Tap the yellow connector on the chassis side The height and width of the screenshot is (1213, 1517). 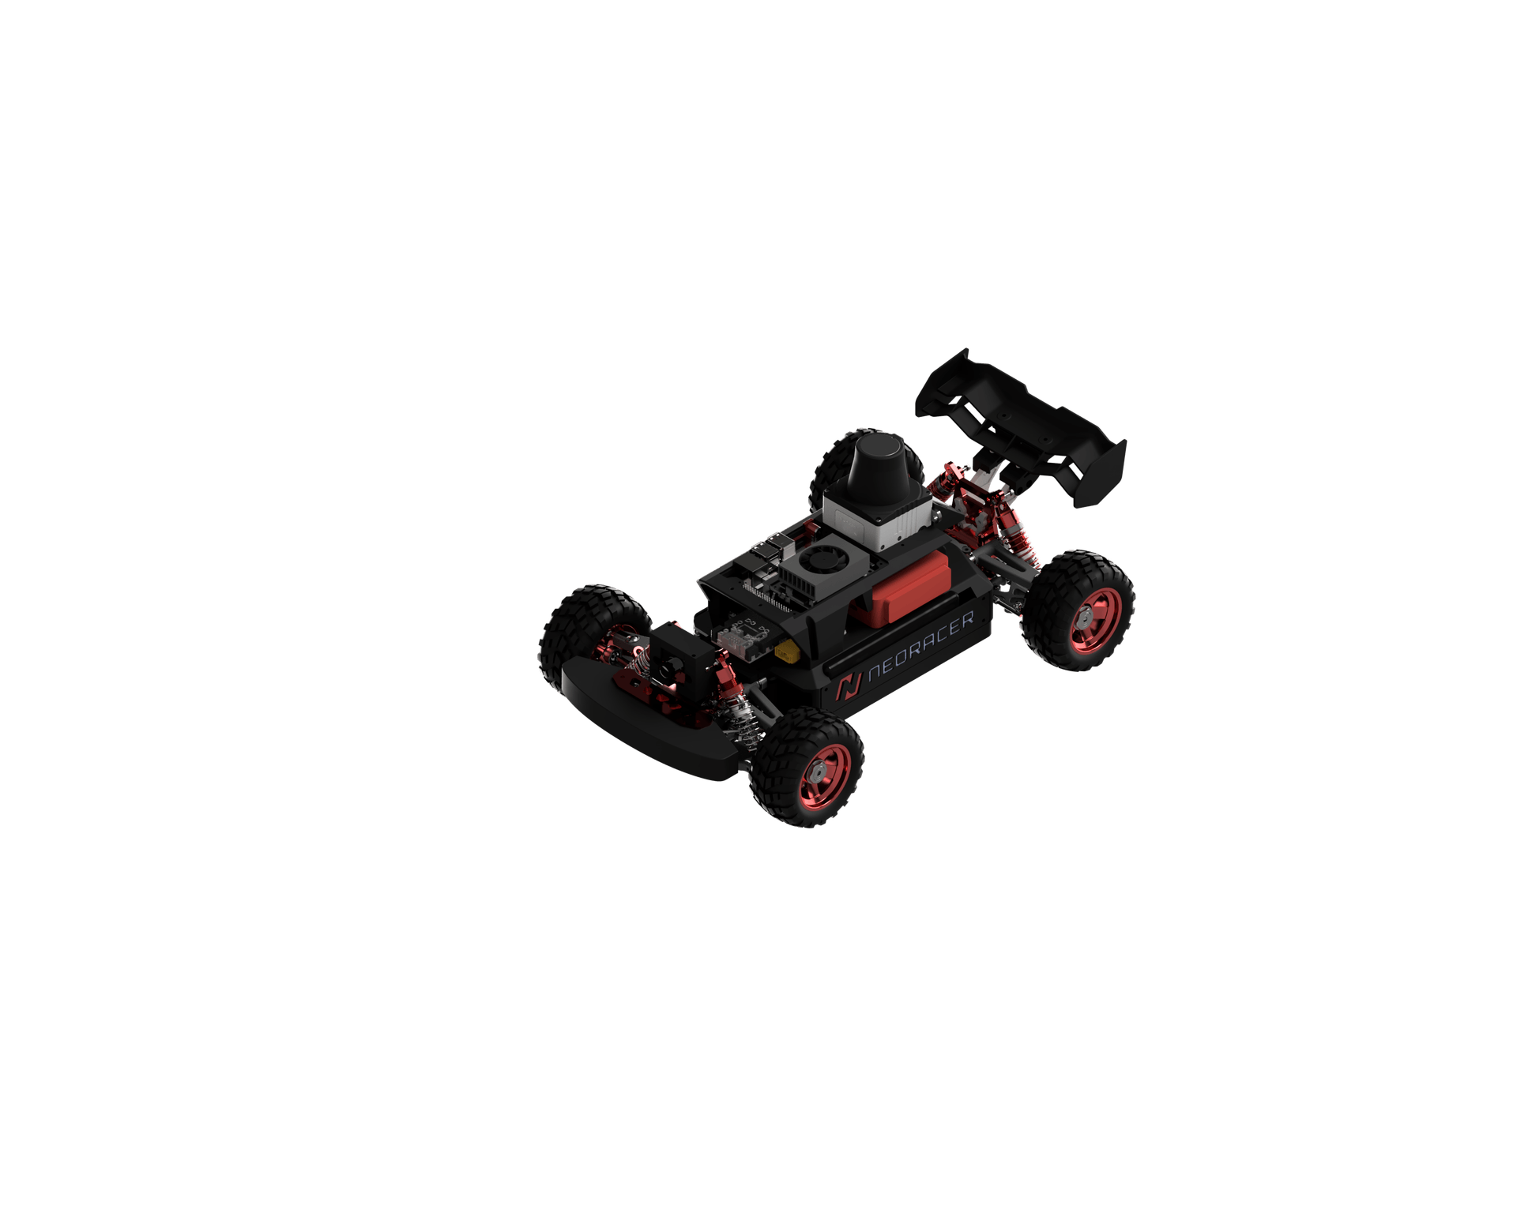point(786,652)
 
